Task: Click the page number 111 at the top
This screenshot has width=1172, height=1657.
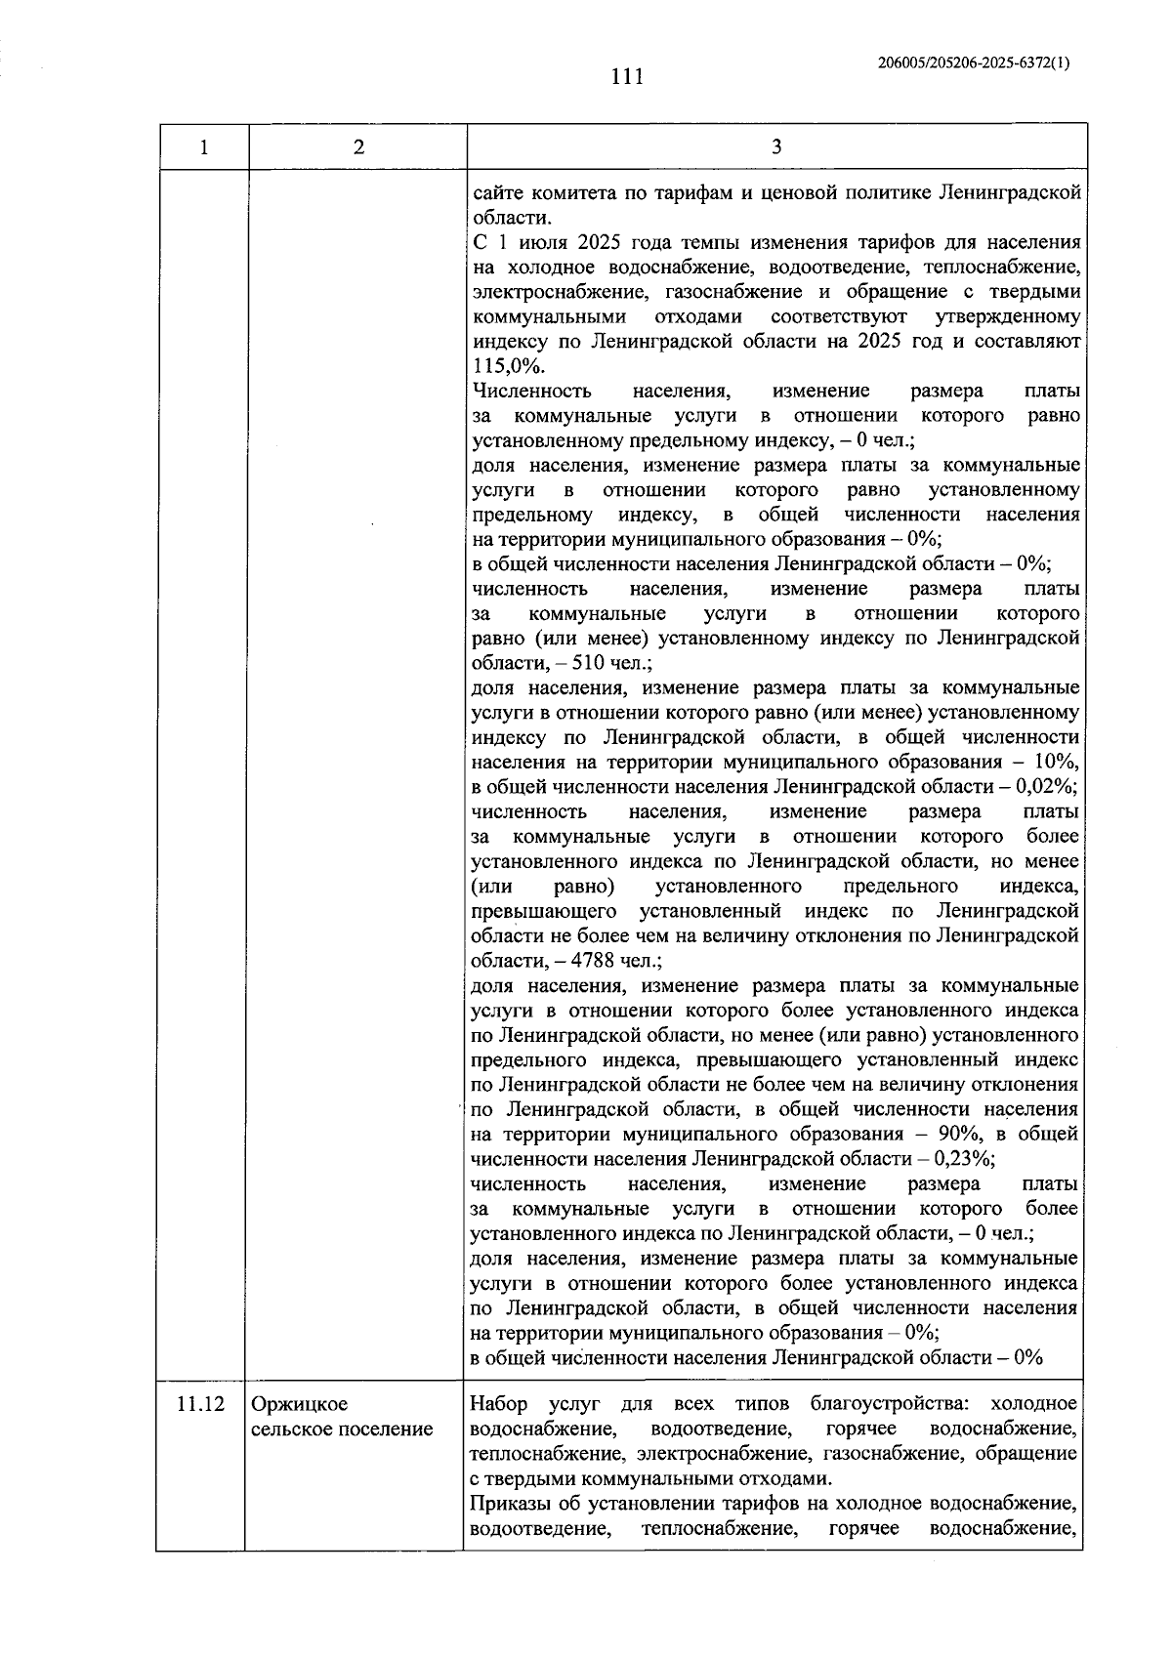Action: pos(627,76)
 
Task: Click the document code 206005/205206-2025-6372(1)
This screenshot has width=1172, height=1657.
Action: pos(974,62)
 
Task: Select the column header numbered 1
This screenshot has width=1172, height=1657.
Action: pos(202,147)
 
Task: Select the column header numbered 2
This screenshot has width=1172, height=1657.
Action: pos(358,147)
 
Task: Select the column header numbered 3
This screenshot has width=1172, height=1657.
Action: pos(775,147)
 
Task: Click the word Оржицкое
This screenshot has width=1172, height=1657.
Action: pos(300,1404)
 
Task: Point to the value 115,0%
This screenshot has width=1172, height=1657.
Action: pos(508,366)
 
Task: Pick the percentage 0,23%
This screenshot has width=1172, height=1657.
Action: pos(964,1159)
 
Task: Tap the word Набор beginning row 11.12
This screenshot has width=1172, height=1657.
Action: pos(499,1404)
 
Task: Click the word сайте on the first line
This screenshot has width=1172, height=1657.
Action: pos(496,192)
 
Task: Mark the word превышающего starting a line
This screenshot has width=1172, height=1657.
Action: pos(543,911)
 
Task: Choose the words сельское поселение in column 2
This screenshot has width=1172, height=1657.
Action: pos(342,1429)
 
